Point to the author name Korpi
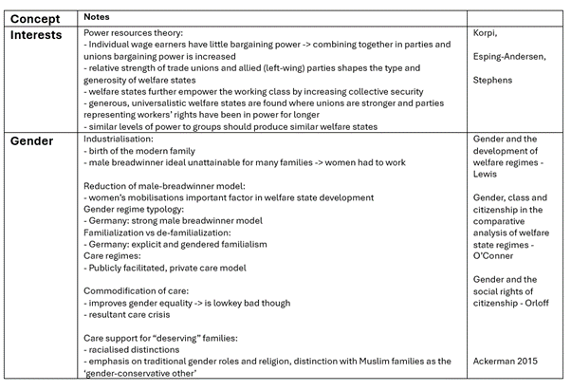coord(487,33)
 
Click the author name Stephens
coord(492,81)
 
